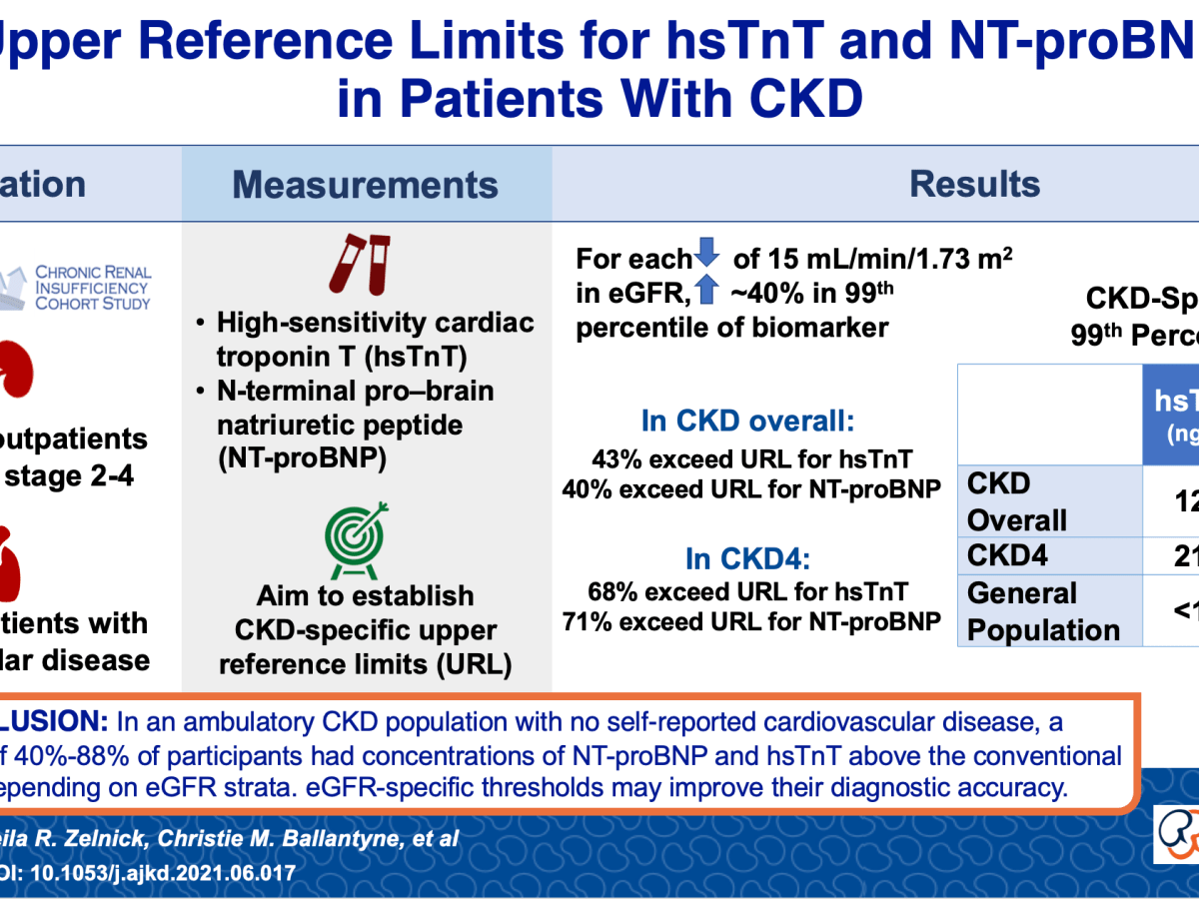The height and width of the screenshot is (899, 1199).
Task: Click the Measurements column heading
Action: point(366,185)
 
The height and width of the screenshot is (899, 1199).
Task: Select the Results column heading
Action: point(974,185)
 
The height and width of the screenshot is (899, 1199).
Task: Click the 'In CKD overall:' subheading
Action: point(747,422)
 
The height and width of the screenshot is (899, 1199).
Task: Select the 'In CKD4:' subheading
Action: point(747,557)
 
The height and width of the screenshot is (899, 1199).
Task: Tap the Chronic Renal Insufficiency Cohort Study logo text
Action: point(93,288)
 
